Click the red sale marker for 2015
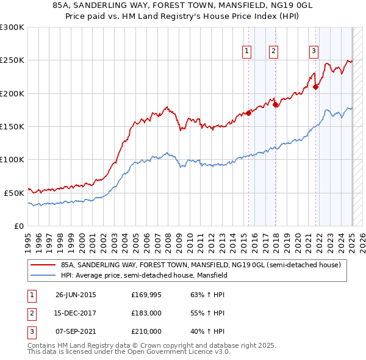pyautogui.click(x=249, y=113)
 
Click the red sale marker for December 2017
pyautogui.click(x=276, y=104)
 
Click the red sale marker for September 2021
pyautogui.click(x=316, y=87)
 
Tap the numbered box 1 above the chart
pyautogui.click(x=247, y=51)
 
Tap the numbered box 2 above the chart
pyautogui.click(x=273, y=51)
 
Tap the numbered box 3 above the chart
pyautogui.click(x=314, y=51)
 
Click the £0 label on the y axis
pyautogui.click(x=18, y=226)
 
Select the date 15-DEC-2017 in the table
pyautogui.click(x=76, y=314)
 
